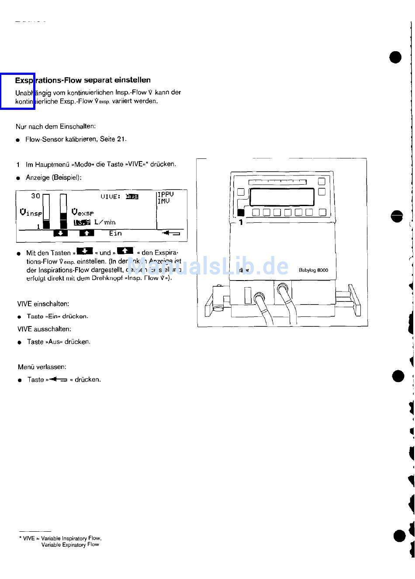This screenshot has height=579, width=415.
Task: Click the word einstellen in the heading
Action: coord(132,80)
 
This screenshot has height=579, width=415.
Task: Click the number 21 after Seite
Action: coord(121,139)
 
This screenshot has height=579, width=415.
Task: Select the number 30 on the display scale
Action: coord(35,196)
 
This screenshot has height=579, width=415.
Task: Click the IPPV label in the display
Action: coord(166,194)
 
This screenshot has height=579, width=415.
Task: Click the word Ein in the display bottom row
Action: coord(115,233)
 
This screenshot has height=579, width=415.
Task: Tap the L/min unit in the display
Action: coord(104,222)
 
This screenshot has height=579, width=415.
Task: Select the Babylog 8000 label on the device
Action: coord(313,270)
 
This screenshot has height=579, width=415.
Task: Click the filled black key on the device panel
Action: coord(241,213)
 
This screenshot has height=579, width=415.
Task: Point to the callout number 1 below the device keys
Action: coord(241,222)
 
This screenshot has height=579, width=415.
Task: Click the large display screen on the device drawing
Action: coord(282,197)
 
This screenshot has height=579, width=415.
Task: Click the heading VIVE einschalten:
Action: coord(43,304)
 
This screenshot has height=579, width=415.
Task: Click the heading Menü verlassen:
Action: coord(42,367)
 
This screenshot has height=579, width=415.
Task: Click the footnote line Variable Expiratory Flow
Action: coord(70,545)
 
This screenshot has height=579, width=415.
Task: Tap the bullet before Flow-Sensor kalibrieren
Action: coord(18,140)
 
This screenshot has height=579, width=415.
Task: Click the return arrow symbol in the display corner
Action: coord(171,233)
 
